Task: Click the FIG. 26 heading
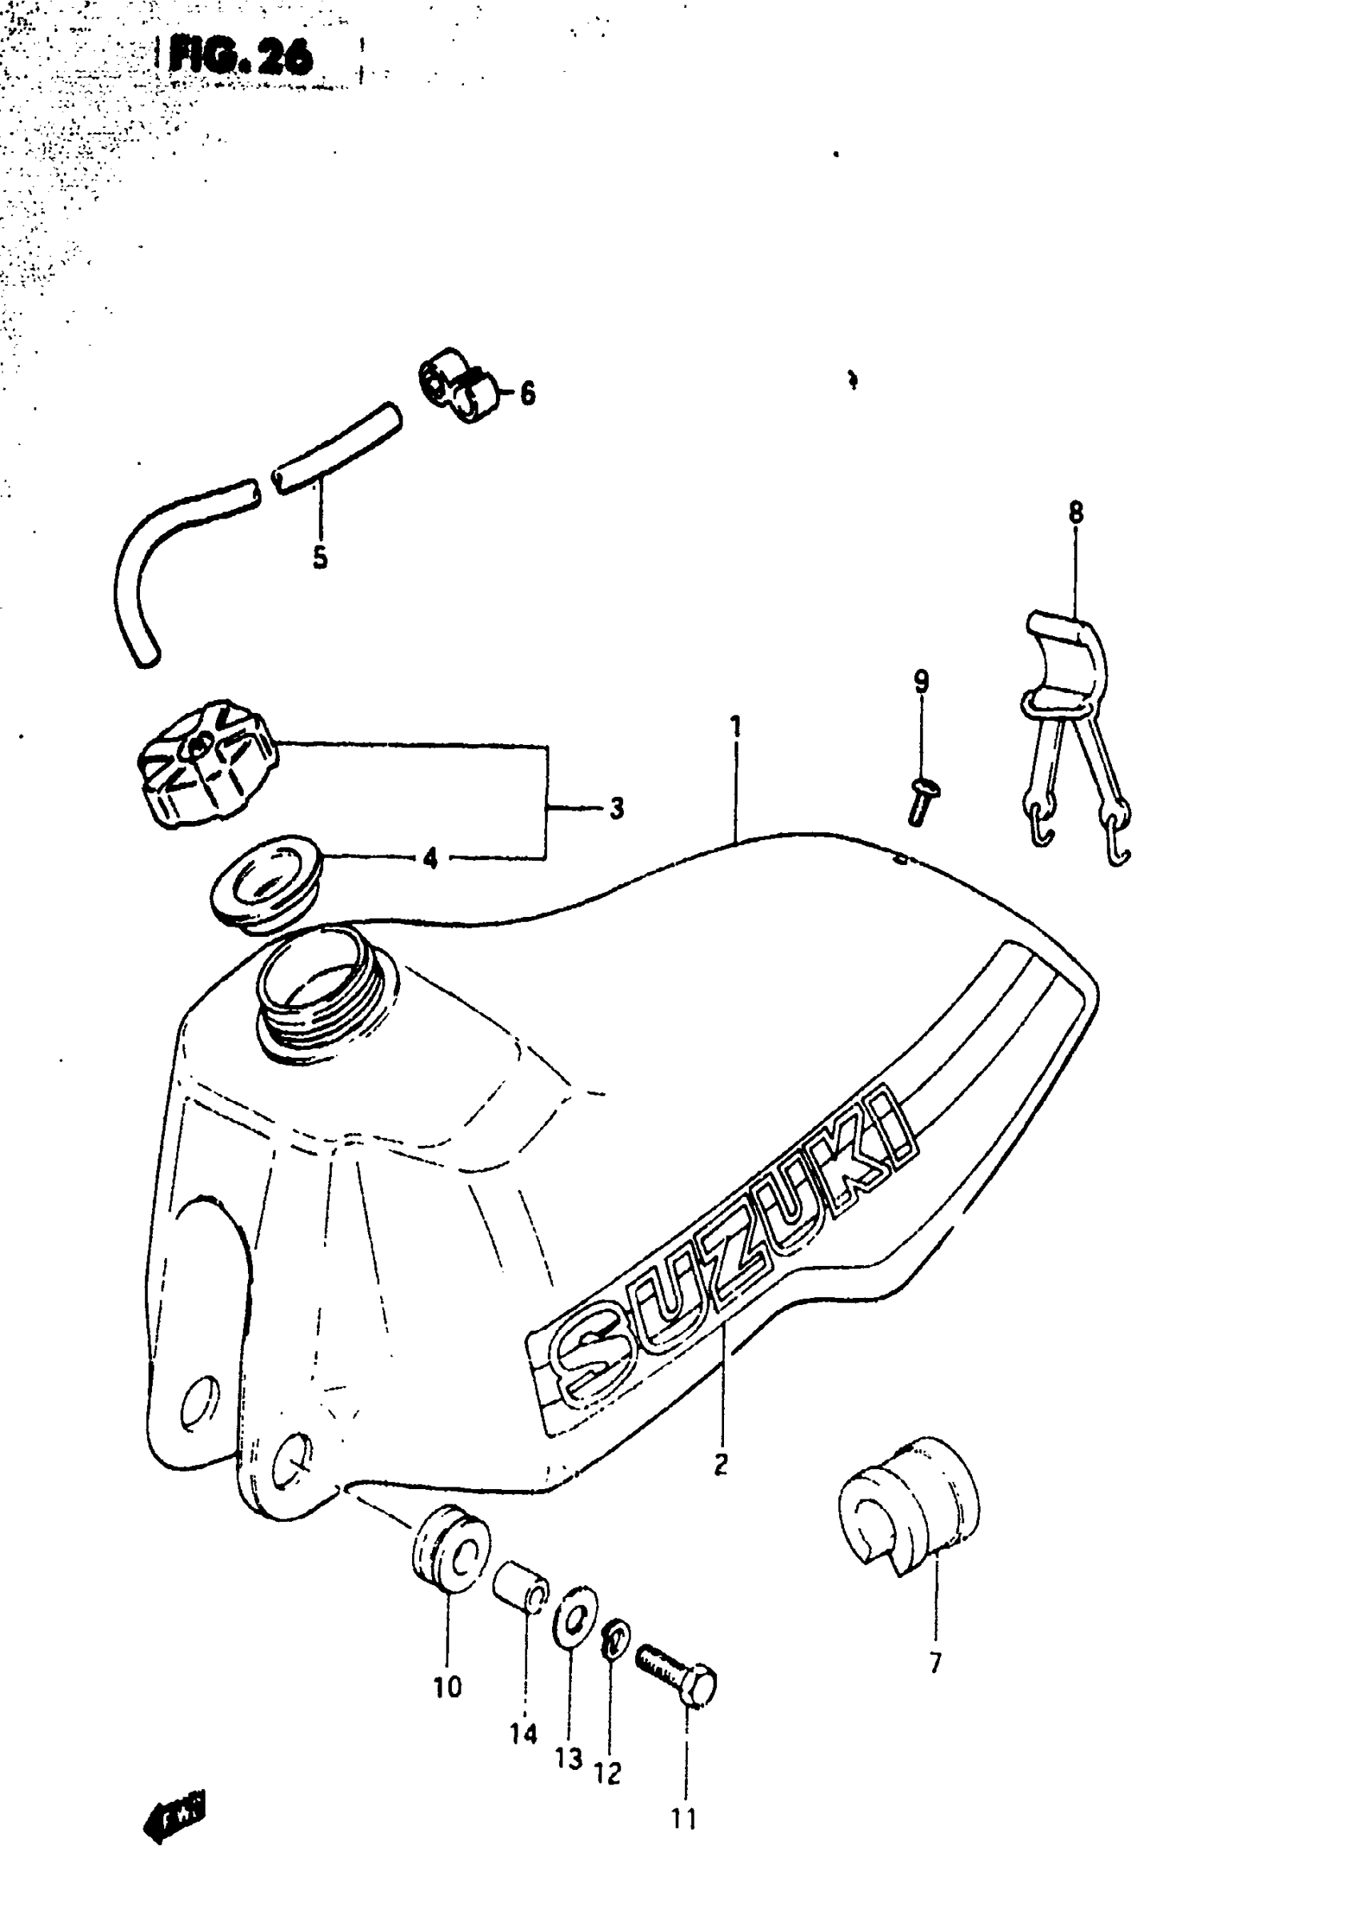click(240, 58)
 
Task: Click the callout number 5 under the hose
click(320, 558)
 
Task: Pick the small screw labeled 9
click(920, 801)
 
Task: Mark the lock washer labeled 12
click(615, 1638)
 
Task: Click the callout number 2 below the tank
click(720, 1464)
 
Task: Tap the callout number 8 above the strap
click(1075, 511)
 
